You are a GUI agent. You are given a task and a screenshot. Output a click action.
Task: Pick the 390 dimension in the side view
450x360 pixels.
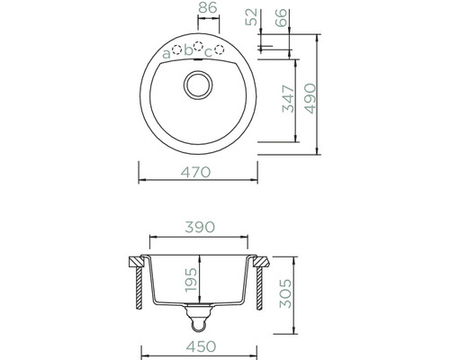[198, 228]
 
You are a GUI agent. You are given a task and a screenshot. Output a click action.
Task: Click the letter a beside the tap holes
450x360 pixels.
[166, 54]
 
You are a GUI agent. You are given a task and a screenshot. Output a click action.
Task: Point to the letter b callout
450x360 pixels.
[188, 50]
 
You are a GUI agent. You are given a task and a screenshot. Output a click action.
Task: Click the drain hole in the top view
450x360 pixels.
[197, 87]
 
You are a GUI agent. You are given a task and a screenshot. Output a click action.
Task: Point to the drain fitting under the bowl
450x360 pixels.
[197, 315]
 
